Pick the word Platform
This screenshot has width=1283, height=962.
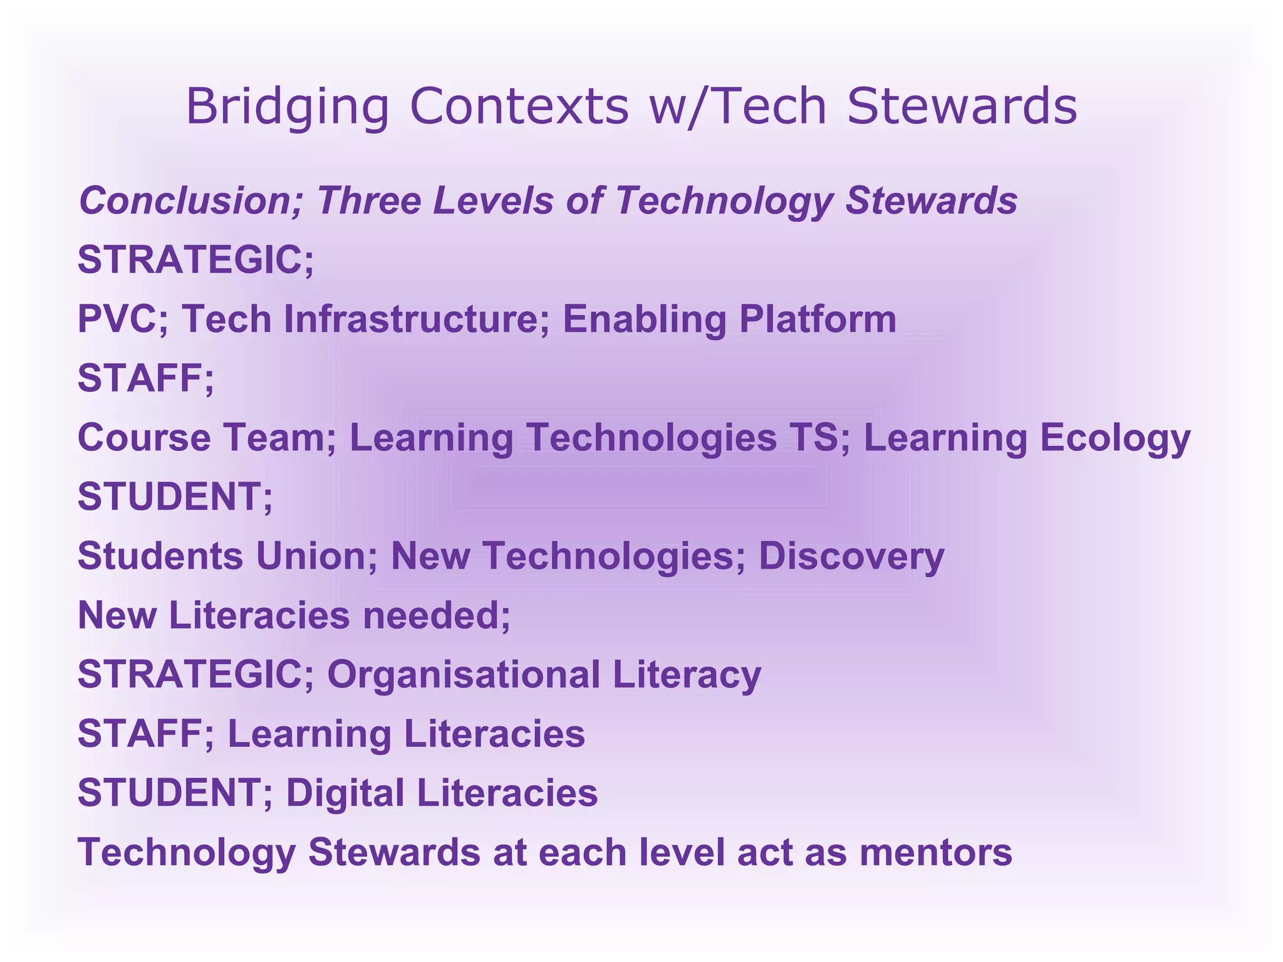coord(818,319)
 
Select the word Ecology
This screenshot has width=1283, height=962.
coord(1115,438)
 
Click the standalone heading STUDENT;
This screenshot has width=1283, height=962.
coord(175,496)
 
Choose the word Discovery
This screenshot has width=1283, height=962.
coord(851,556)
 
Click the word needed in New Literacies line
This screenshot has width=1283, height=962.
coord(436,615)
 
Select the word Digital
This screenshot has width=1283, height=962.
coord(345,793)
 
